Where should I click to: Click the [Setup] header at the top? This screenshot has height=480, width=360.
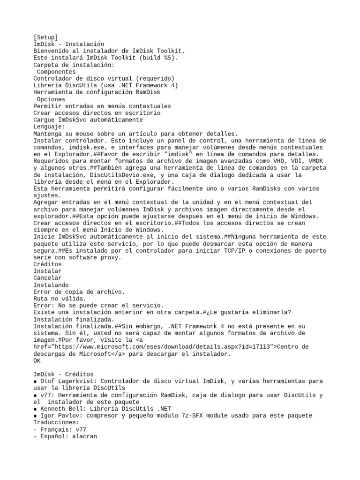click(46, 37)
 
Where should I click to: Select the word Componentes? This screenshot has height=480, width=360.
click(56, 72)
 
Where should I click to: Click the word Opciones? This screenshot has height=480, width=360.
click(51, 99)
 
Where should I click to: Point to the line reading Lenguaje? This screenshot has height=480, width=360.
click(49, 127)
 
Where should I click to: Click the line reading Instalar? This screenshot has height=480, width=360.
click(47, 271)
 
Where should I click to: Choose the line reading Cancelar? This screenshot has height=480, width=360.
click(47, 278)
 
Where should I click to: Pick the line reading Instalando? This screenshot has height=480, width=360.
click(51, 285)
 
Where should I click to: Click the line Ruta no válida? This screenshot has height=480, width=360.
click(60, 299)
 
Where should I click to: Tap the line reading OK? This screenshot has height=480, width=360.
click(37, 361)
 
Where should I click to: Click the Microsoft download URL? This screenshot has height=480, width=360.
click(155, 347)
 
